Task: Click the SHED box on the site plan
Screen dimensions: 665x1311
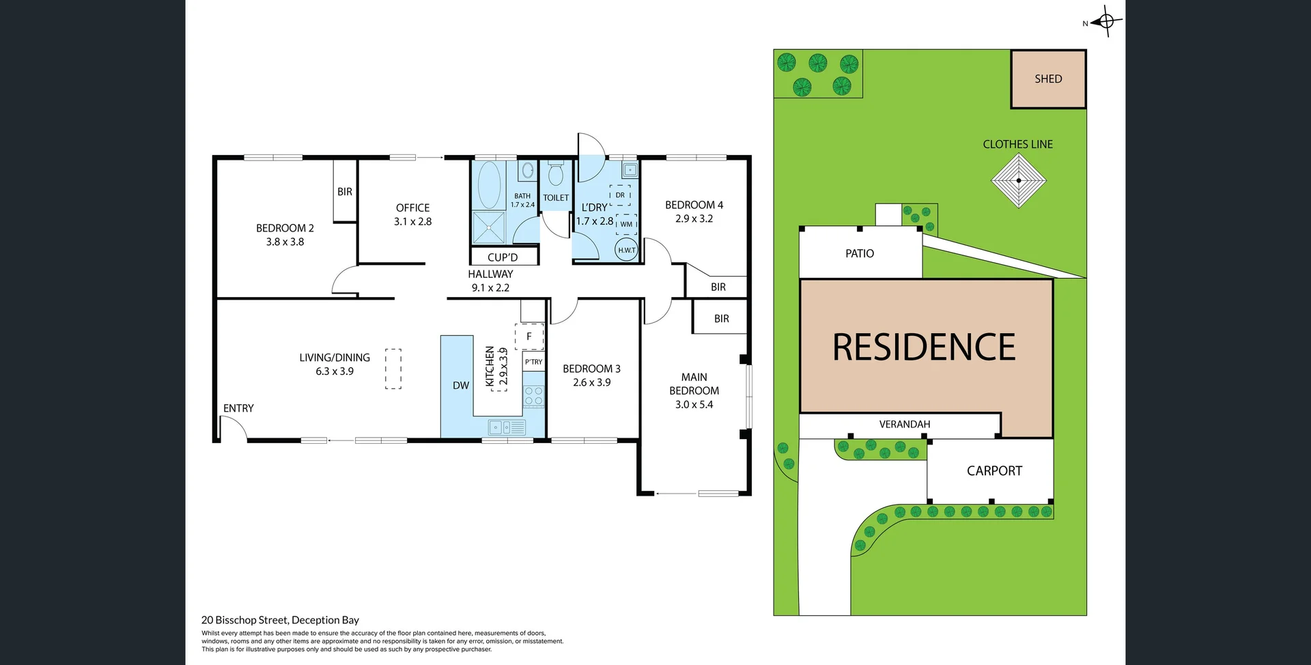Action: click(1048, 79)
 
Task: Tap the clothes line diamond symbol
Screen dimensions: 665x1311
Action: click(1018, 180)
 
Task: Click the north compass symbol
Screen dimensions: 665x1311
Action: click(1106, 22)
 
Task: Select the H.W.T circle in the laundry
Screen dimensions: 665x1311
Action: click(626, 250)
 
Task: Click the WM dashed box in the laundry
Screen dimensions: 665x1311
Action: click(626, 224)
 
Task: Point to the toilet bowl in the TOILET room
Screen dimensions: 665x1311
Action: click(556, 175)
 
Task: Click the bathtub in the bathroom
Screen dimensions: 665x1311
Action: click(489, 184)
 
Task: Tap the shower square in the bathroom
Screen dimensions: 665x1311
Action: click(489, 227)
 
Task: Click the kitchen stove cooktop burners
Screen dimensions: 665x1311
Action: click(533, 396)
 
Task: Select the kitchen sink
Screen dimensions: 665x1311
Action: click(507, 427)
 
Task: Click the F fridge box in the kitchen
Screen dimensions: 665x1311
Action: click(529, 337)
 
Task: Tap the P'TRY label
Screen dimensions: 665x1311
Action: click(533, 362)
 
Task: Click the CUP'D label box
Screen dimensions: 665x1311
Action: click(503, 257)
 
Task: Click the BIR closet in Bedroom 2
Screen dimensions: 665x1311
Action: click(345, 192)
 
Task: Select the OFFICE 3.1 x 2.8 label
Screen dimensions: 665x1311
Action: click(412, 214)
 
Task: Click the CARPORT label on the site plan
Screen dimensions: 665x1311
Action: click(994, 470)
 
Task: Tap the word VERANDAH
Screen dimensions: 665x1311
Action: click(904, 424)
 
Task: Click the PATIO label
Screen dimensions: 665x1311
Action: click(859, 253)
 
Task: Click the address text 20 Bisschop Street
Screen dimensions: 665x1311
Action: click(280, 620)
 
